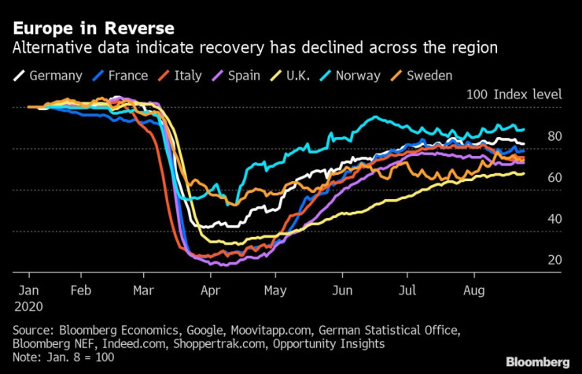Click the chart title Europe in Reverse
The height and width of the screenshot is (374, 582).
pyautogui.click(x=93, y=28)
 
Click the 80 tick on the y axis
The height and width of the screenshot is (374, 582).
pyautogui.click(x=554, y=136)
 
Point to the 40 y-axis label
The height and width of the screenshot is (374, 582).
pyautogui.click(x=554, y=219)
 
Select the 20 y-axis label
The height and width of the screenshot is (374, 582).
pyautogui.click(x=554, y=260)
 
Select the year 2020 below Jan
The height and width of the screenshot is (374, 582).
pyautogui.click(x=29, y=305)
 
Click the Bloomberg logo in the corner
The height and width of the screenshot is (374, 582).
pyautogui.click(x=537, y=361)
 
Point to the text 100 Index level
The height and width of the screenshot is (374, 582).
pyautogui.click(x=514, y=94)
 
